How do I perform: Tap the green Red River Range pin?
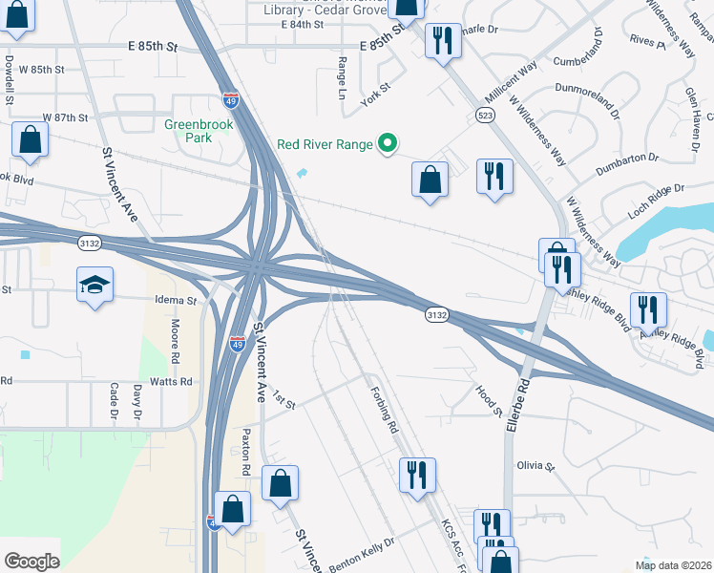pyautogui.click(x=387, y=144)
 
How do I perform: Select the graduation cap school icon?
pyautogui.click(x=94, y=285)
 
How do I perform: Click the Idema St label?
pyautogui.click(x=176, y=300)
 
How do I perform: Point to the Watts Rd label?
pyautogui.click(x=172, y=381)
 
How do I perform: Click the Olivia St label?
pyautogui.click(x=535, y=466)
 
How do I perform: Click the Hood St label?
pyautogui.click(x=488, y=398)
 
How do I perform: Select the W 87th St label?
pyautogui.click(x=65, y=117)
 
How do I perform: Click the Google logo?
pyautogui.click(x=31, y=562)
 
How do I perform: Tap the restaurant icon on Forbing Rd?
pyautogui.click(x=416, y=475)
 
